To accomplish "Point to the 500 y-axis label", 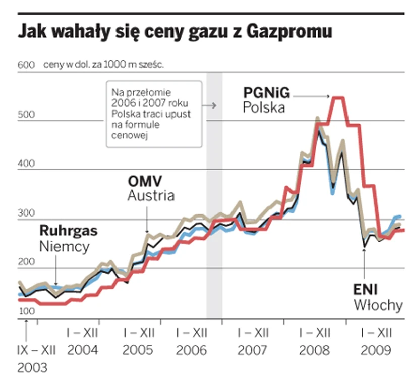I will [x=26, y=115].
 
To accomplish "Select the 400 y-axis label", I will [x=26, y=164].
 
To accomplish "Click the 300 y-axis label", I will [x=26, y=213].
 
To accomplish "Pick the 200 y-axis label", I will [x=26, y=262].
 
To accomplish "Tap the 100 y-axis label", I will [x=26, y=311].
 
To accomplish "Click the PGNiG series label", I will [x=266, y=93].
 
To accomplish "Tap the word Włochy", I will [x=378, y=305].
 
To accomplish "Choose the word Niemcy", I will [x=64, y=247].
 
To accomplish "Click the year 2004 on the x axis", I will [x=83, y=349].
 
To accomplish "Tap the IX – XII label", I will [x=36, y=349].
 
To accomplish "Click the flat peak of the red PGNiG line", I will [x=336, y=98].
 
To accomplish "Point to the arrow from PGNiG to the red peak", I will [x=311, y=96].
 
